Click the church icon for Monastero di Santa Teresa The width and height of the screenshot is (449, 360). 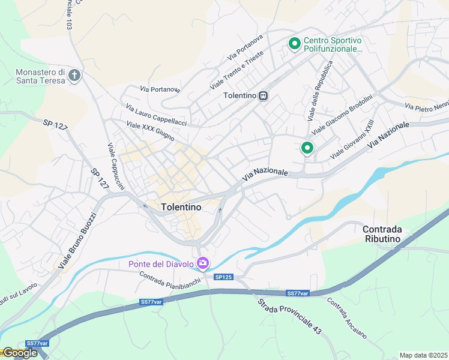point(74,76)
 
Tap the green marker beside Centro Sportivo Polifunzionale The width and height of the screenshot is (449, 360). point(294,44)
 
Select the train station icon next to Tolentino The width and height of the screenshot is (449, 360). point(263,96)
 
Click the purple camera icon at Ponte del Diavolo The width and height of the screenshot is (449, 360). point(203,263)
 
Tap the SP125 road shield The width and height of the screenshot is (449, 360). point(223,276)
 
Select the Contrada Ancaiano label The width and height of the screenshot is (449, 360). point(346,318)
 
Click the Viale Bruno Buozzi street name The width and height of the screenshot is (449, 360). point(77,240)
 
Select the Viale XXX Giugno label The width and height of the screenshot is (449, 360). point(150,132)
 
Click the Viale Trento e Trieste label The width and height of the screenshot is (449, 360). point(237,71)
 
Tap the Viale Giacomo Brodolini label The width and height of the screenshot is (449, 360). point(342,114)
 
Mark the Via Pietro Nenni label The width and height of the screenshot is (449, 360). point(427,106)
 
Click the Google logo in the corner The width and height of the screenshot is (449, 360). point(19,353)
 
